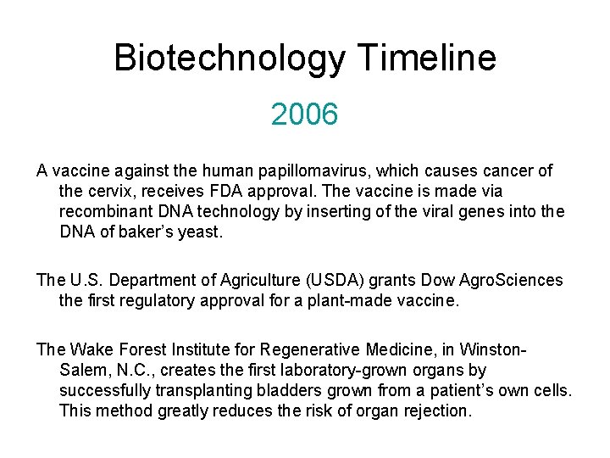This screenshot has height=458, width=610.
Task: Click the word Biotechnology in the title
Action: pyautogui.click(x=230, y=59)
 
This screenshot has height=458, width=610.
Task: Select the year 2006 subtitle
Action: pyautogui.click(x=304, y=114)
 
